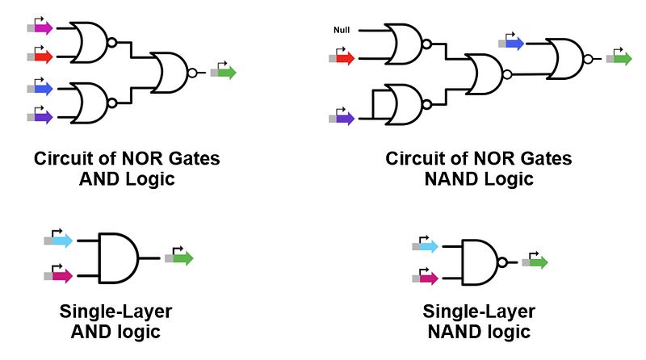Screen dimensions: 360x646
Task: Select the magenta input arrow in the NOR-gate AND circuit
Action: tap(43, 28)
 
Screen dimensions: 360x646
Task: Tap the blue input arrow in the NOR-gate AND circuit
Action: tap(43, 86)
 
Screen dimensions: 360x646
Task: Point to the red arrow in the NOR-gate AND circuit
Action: tap(43, 57)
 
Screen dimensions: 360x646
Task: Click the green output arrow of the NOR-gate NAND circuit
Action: tap(622, 58)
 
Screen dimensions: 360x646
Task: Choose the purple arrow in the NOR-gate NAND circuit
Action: tap(345, 118)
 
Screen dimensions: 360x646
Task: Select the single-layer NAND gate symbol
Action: tap(480, 262)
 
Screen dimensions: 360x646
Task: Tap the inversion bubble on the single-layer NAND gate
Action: tap(504, 262)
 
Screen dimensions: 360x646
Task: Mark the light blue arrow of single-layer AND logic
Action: tap(60, 241)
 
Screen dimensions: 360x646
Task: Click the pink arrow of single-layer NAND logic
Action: tap(426, 278)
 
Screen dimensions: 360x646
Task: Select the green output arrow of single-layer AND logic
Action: tap(182, 258)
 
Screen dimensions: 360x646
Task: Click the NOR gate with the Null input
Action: tap(404, 44)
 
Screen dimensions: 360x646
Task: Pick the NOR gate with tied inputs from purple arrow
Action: tap(404, 103)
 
